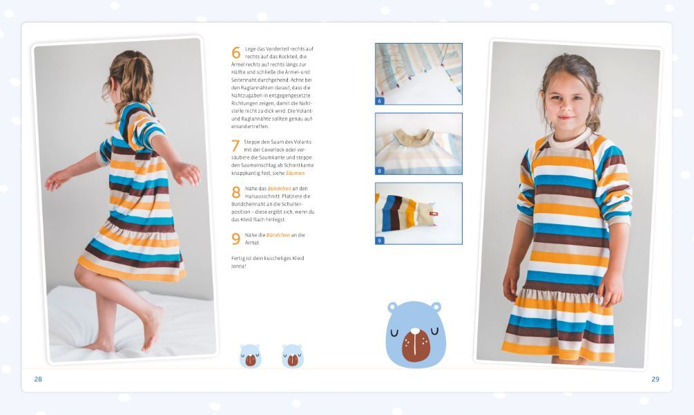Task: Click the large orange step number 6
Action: pos(236,53)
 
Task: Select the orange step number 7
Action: pos(235,145)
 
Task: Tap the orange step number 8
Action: pos(236,192)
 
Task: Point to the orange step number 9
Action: pos(236,239)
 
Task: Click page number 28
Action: pos(38,379)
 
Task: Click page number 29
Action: pos(655,379)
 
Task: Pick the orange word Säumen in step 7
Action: pos(296,173)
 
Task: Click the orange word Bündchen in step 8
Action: pos(279,188)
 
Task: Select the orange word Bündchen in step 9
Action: pos(278,235)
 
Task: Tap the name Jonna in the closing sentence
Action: pos(238,266)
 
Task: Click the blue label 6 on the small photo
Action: pos(379,101)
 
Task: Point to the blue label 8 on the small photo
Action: pos(379,171)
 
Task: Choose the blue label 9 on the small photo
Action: pos(379,241)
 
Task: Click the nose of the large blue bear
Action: pos(415,331)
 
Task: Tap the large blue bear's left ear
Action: pos(393,307)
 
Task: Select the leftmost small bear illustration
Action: pos(251,356)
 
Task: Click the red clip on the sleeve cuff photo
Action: pos(434,214)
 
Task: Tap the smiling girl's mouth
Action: pos(566,118)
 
